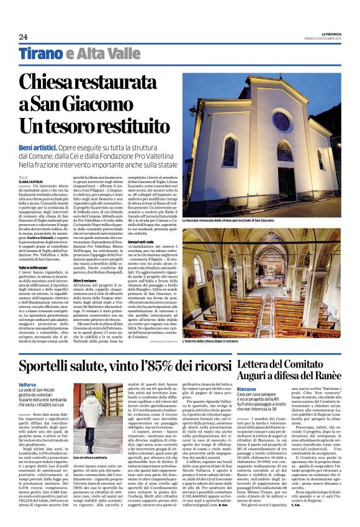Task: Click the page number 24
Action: coord(23,37)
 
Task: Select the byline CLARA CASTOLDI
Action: coord(31,181)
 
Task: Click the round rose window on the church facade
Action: coord(281,120)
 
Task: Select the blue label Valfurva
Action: coord(28,384)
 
